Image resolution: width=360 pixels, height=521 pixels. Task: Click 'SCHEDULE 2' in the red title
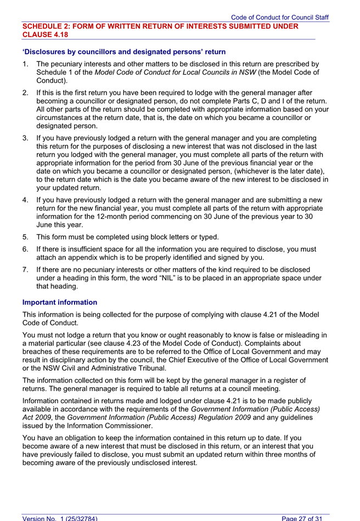tap(48, 26)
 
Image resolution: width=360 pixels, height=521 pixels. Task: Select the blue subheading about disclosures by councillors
tap(123, 52)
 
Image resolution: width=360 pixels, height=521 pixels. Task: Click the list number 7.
tap(25, 269)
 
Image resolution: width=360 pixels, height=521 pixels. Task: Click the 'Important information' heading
tap(60, 302)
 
